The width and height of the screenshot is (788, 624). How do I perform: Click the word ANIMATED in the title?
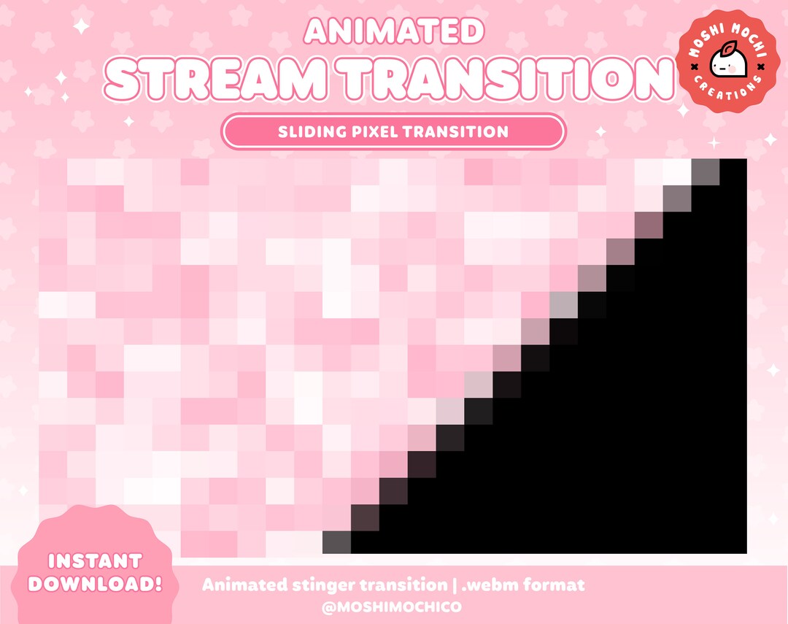click(x=394, y=31)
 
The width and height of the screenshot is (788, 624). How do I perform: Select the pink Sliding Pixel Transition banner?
click(x=393, y=132)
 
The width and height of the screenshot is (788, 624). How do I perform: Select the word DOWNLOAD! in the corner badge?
click(x=94, y=584)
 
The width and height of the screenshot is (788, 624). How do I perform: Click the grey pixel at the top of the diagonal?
click(x=705, y=172)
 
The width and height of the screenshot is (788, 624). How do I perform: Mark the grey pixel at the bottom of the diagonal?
click(x=336, y=542)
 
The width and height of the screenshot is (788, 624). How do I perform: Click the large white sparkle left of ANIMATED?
click(x=82, y=26)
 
